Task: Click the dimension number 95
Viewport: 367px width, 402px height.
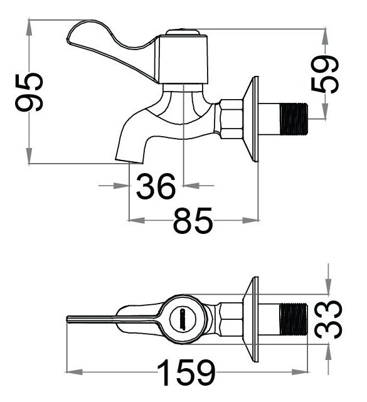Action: point(29,92)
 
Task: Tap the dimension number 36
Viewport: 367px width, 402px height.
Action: point(156,186)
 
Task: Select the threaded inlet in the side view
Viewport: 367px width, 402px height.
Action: point(292,119)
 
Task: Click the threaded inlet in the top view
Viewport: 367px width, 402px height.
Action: point(292,320)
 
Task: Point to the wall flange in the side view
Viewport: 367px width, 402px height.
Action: point(253,119)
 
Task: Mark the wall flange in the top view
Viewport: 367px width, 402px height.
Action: point(253,320)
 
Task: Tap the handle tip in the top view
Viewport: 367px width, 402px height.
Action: point(70,320)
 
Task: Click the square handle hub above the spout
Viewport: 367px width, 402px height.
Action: point(182,58)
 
